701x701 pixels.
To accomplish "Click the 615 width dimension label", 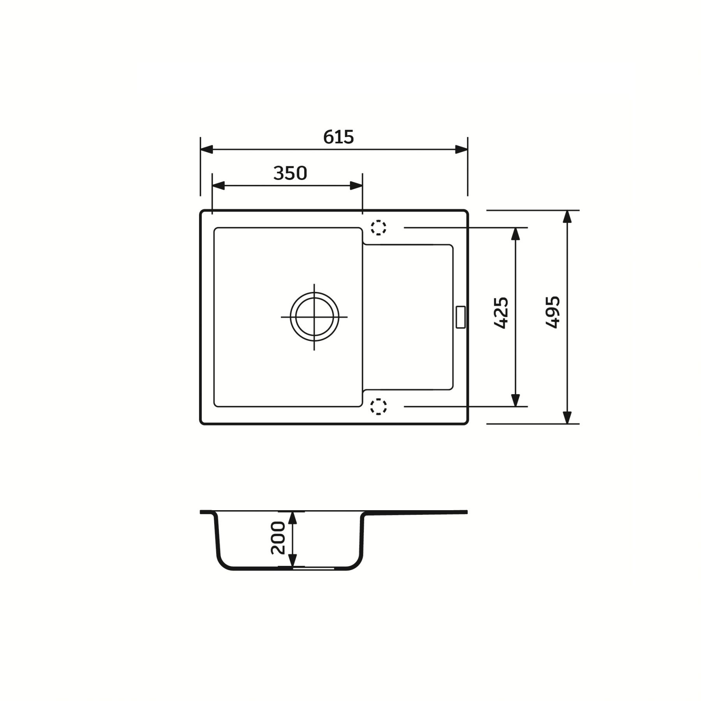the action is click(338, 137).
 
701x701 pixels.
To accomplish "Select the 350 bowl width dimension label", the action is click(290, 173).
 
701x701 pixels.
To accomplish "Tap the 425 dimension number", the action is click(501, 313).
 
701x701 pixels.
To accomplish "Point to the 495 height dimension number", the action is click(553, 312).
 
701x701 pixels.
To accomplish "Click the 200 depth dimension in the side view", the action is click(278, 538).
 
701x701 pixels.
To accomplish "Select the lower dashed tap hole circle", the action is click(378, 407).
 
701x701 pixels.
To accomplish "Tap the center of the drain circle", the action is click(314, 317).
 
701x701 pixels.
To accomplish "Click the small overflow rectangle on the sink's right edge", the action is click(460, 317).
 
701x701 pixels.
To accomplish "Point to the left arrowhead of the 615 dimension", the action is click(206, 150).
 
